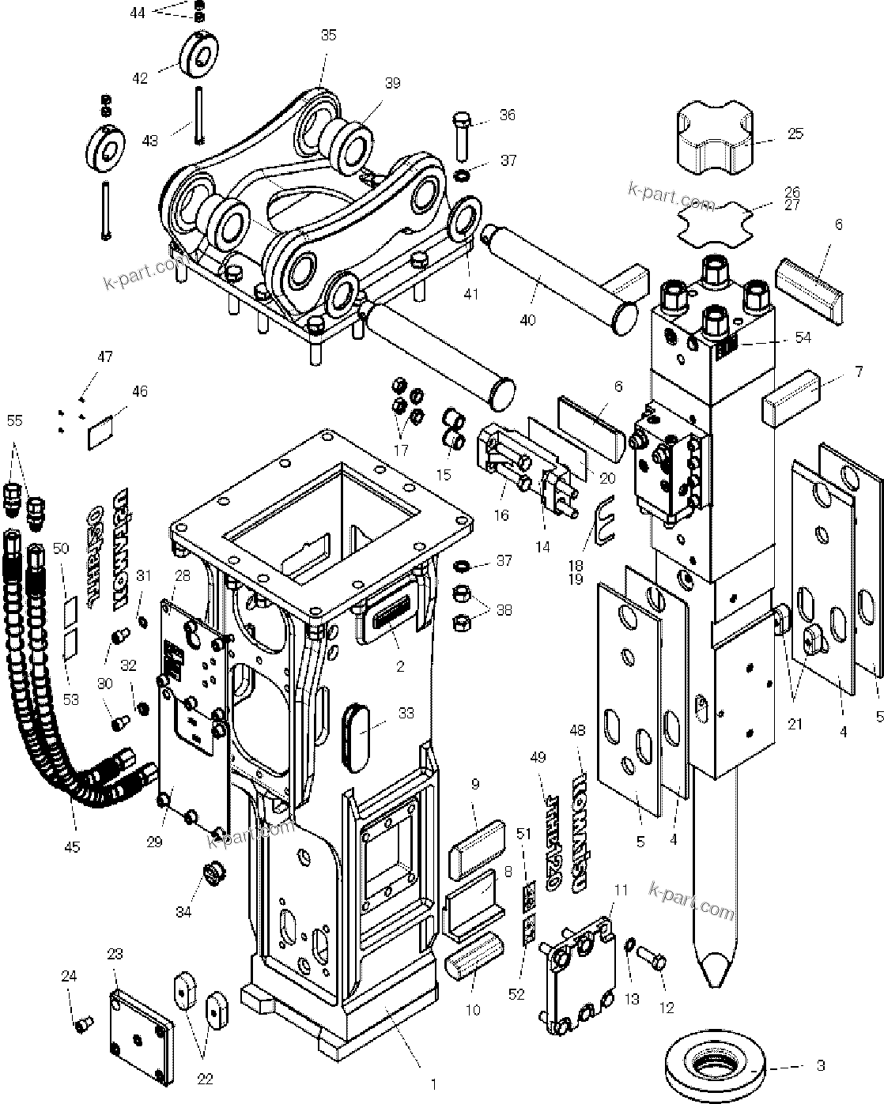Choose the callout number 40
tap(527, 320)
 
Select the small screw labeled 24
tap(79, 1025)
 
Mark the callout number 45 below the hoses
tap(72, 846)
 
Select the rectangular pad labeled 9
tap(476, 848)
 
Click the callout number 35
tap(328, 35)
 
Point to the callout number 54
tap(803, 337)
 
